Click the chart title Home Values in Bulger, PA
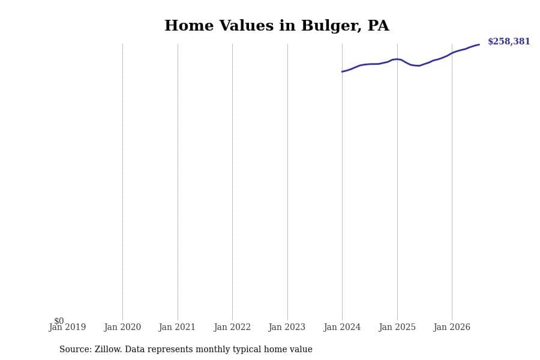[277, 26]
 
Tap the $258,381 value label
[509, 41]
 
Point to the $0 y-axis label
[59, 321]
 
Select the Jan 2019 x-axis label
[67, 327]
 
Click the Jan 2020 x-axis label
[122, 327]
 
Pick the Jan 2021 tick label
[177, 327]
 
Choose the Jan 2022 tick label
[232, 327]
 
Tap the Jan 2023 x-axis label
[287, 327]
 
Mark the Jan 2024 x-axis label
[342, 327]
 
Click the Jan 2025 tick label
[397, 327]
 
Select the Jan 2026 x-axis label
[452, 327]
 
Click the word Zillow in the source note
[108, 349]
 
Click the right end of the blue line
[479, 44]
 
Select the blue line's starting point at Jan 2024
[342, 71]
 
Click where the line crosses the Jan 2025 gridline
[397, 59]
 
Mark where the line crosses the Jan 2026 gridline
[452, 53]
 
